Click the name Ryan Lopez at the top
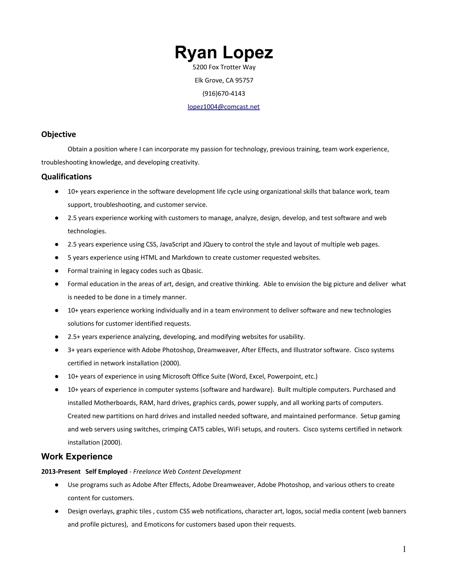(224, 52)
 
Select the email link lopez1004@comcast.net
(223, 107)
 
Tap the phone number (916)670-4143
(224, 94)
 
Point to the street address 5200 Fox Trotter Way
(224, 67)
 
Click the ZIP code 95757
(244, 80)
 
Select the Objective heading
(59, 134)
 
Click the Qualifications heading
(66, 177)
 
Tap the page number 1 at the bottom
(404, 549)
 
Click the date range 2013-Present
(61, 472)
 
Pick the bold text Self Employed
(106, 472)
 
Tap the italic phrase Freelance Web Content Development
(187, 472)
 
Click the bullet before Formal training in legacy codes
(57, 271)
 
